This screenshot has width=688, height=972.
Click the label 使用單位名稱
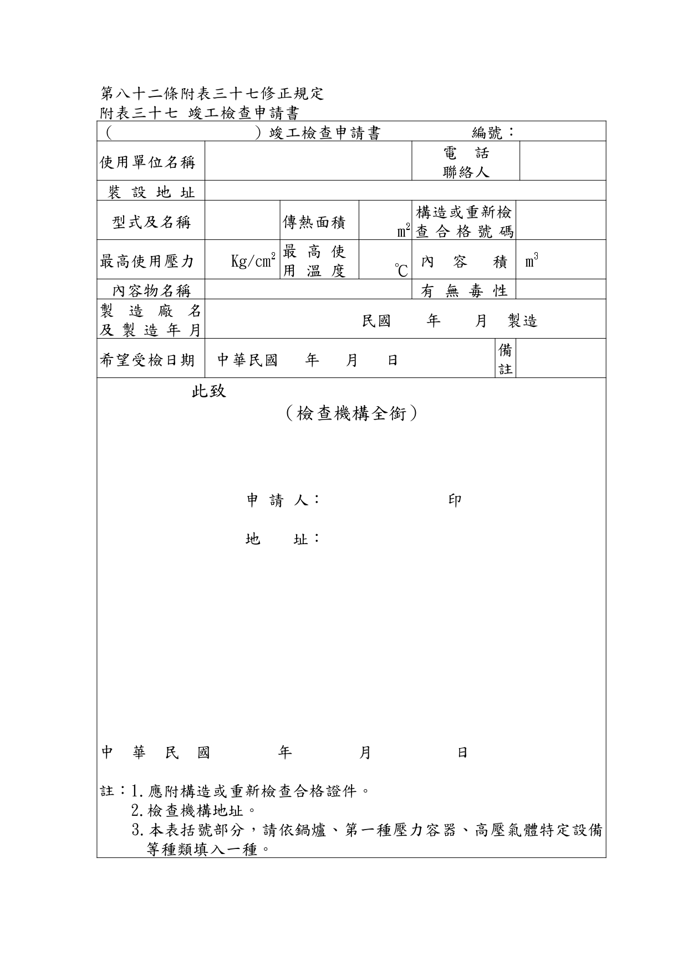[x=147, y=162]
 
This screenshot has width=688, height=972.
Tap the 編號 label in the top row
[x=492, y=132]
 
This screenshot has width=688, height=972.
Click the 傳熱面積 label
[x=314, y=222]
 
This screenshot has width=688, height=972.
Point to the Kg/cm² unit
[x=253, y=261]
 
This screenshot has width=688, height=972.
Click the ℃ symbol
[x=401, y=270]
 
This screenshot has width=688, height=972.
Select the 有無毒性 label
[x=463, y=290]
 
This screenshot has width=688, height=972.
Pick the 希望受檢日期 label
[x=147, y=360]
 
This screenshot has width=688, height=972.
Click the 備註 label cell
[x=505, y=359]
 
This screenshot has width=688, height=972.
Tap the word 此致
[x=208, y=391]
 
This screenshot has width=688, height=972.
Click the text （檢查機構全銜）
[x=351, y=413]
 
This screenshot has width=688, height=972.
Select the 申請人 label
[x=282, y=500]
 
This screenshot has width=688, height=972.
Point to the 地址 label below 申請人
[x=282, y=539]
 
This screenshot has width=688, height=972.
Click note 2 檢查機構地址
[x=194, y=811]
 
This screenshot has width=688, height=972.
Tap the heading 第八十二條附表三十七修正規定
[x=212, y=93]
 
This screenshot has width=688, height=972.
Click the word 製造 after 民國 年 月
[x=522, y=321]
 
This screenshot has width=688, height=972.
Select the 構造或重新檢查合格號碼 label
[x=464, y=222]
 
